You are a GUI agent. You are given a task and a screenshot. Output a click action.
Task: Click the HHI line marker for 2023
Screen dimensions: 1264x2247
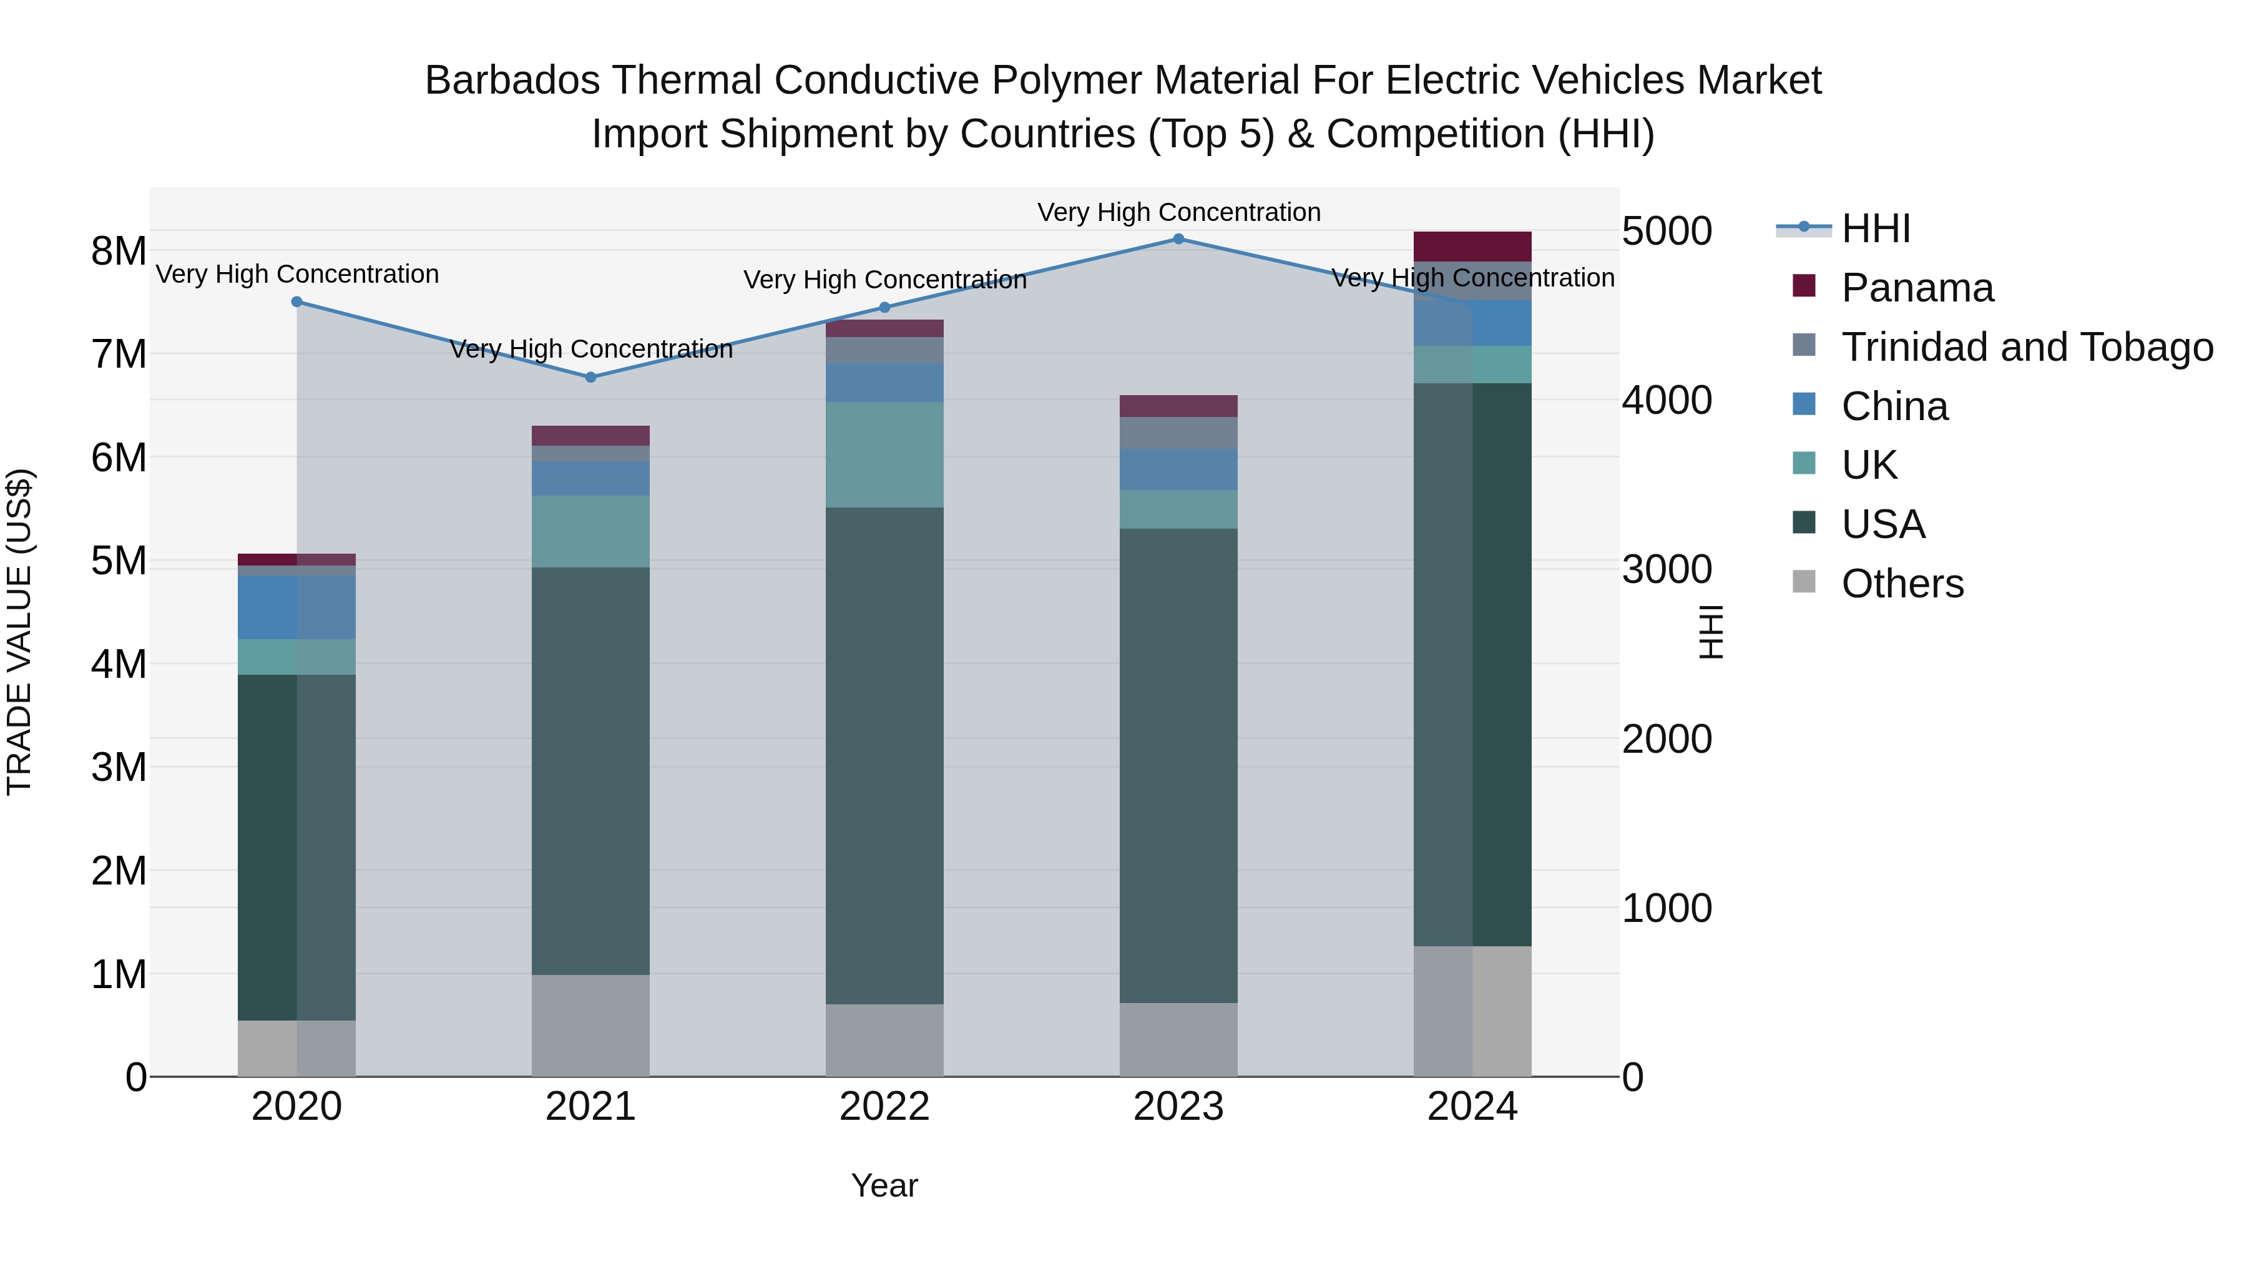coord(1178,238)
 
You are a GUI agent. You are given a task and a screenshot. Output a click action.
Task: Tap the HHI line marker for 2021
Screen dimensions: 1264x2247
coord(590,377)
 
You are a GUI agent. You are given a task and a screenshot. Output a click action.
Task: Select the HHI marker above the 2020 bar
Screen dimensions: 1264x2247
coord(296,302)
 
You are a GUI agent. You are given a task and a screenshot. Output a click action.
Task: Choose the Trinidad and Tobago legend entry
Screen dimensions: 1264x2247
coord(2026,347)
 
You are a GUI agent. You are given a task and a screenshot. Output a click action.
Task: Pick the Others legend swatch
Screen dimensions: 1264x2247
coord(1803,582)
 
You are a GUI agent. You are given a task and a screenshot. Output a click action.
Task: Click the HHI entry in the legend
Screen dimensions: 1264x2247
coord(1876,228)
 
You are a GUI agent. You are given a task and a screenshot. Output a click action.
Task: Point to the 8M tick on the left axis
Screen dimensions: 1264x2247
coord(119,251)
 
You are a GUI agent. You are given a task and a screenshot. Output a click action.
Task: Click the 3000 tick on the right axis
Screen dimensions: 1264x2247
coord(1666,570)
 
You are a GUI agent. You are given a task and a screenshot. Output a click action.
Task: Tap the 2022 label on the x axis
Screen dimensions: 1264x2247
coord(884,1106)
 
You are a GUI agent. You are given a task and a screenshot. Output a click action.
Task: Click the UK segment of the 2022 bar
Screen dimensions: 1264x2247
coord(884,454)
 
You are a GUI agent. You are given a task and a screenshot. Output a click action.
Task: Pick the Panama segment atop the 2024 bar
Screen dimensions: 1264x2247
coord(1472,246)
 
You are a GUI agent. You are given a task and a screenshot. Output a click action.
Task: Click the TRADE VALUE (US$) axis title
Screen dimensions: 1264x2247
coord(19,632)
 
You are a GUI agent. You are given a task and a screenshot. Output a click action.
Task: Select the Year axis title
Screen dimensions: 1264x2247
coord(884,1185)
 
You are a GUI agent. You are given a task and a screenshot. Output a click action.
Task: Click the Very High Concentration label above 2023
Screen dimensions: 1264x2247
coord(1178,212)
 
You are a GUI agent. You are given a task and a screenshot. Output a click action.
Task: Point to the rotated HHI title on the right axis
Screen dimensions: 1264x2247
coord(1711,632)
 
